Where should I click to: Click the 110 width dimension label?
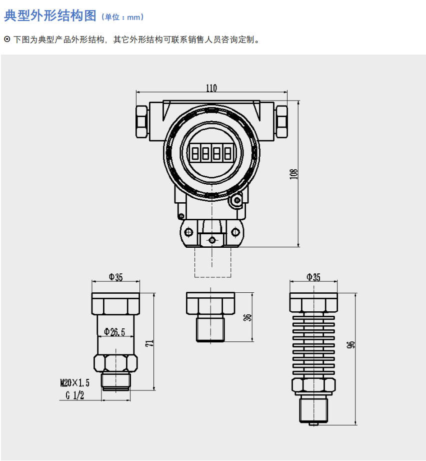tap(211, 88)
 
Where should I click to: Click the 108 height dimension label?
tap(293, 174)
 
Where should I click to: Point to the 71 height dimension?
tap(149, 343)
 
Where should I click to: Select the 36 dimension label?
tap(248, 317)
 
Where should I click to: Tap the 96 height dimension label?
tap(350, 344)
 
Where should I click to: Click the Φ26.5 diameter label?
tap(114, 332)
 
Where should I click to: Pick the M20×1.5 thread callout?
tap(74, 382)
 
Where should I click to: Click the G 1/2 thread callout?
tap(75, 395)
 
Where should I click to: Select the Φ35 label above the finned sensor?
tap(313, 277)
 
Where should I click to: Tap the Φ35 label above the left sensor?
tap(115, 277)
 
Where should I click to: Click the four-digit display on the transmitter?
tap(211, 153)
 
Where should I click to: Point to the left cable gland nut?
tap(142, 122)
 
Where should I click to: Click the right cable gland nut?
tap(281, 122)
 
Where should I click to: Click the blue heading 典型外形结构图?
tap(50, 16)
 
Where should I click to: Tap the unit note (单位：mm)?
tap(122, 17)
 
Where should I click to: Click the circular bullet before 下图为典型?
tap(7, 39)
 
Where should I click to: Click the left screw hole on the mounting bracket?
tap(188, 232)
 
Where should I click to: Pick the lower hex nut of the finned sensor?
tap(313, 385)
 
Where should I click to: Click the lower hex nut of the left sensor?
tap(115, 363)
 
